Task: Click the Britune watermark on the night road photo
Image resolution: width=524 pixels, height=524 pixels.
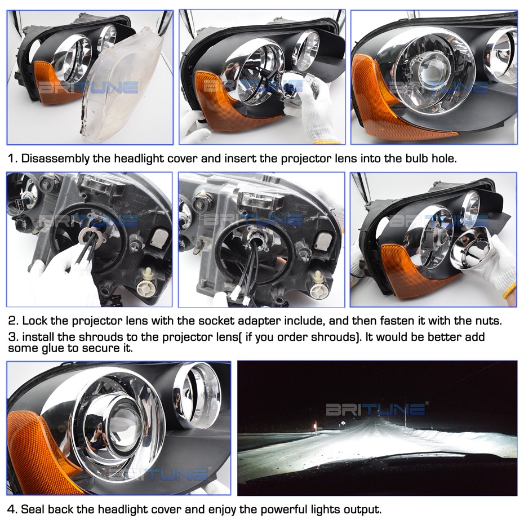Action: pos(376,408)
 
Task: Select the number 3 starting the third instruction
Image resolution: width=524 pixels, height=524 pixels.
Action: pos(12,337)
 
